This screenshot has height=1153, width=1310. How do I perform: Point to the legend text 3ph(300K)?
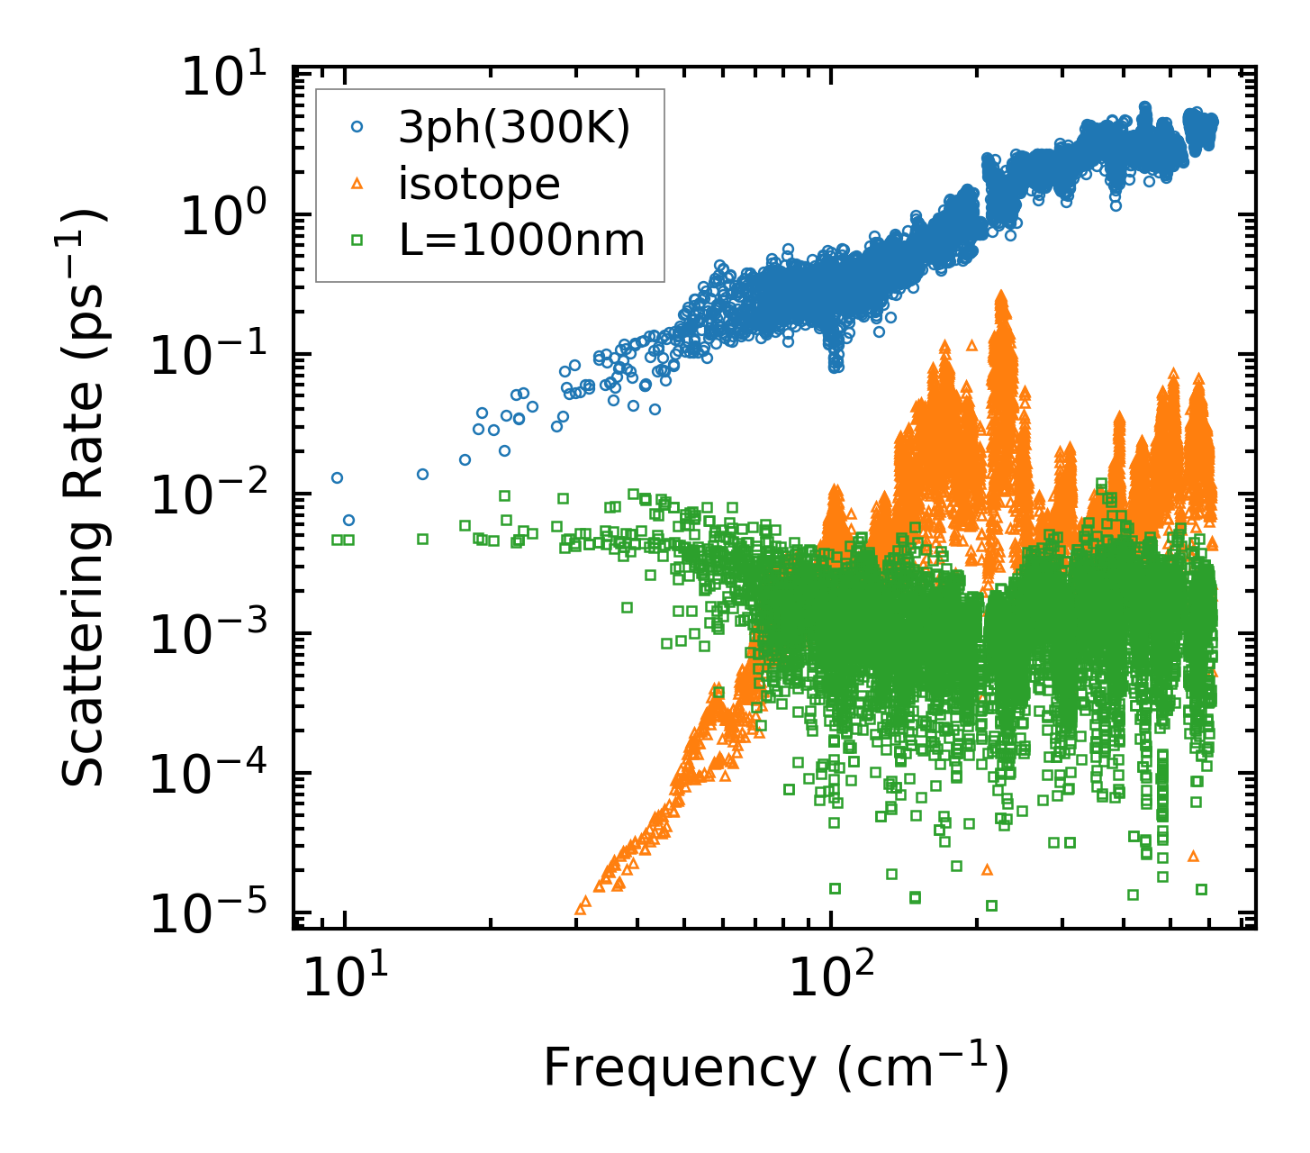click(x=514, y=129)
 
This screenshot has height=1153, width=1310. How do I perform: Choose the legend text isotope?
click(x=479, y=185)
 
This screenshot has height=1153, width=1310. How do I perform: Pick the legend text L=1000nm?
click(x=521, y=240)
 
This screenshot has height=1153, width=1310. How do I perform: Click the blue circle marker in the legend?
click(x=357, y=128)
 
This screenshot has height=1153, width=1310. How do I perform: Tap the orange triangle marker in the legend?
click(x=357, y=184)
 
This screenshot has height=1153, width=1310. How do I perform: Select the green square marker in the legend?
click(x=357, y=240)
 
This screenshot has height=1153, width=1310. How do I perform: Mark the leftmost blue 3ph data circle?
click(x=337, y=477)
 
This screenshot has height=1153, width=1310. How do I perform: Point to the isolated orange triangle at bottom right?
click(x=1193, y=855)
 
